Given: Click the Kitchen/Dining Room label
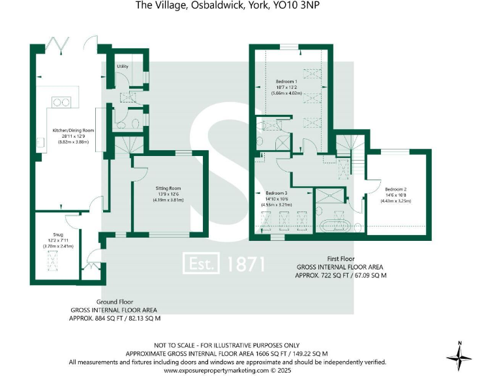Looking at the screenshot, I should tap(73, 131).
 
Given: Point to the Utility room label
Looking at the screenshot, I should tap(122, 67).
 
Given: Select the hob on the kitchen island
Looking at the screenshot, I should tap(62, 101).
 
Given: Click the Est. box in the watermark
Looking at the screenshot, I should tap(203, 263).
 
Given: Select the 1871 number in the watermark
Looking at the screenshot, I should tap(246, 264).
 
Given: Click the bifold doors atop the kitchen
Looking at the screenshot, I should tap(61, 46).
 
